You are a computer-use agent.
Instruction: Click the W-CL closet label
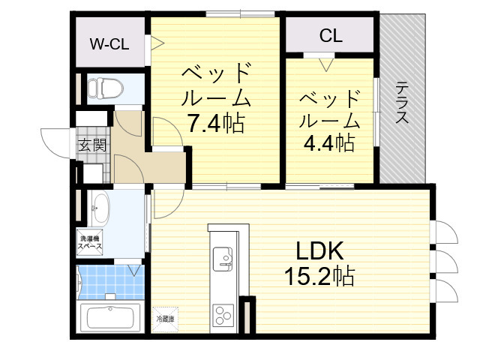(109, 44)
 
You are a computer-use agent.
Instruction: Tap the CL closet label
(331, 35)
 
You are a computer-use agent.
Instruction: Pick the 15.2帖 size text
(318, 277)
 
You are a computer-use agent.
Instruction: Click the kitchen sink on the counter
(223, 259)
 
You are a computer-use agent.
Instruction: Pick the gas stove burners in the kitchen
(223, 312)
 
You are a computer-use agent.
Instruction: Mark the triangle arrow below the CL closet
(325, 64)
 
